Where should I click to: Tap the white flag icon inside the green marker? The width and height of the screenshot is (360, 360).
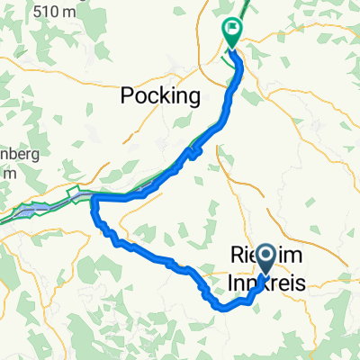click(232, 29)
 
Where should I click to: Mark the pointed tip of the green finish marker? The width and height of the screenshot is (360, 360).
click(231, 47)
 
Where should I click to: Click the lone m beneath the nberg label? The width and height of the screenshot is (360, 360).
click(5, 173)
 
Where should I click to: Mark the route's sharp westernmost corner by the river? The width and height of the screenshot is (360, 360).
click(93, 208)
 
